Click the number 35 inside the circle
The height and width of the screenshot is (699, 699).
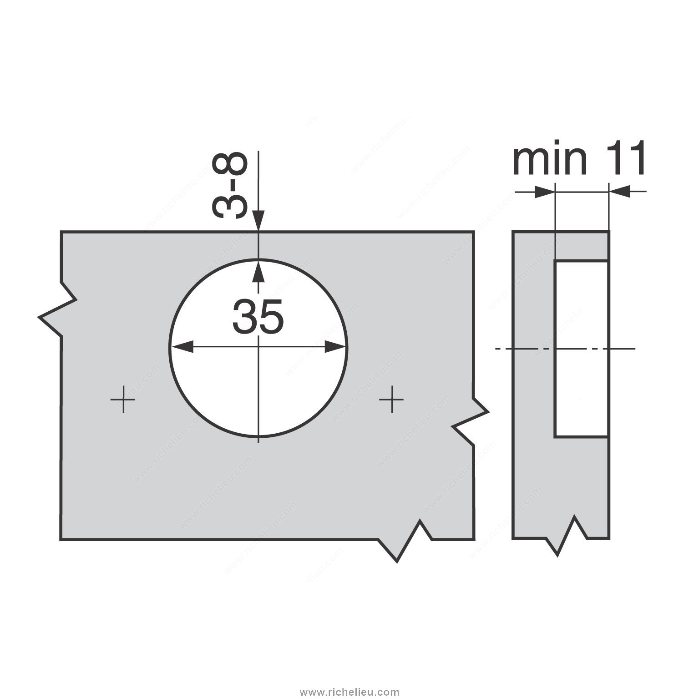pos(258,316)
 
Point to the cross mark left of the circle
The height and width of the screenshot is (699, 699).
pos(123,400)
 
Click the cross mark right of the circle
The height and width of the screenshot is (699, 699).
pos(391,400)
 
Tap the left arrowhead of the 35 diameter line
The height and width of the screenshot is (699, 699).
pos(182,348)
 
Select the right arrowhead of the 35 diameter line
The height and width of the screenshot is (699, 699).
pos(335,348)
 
